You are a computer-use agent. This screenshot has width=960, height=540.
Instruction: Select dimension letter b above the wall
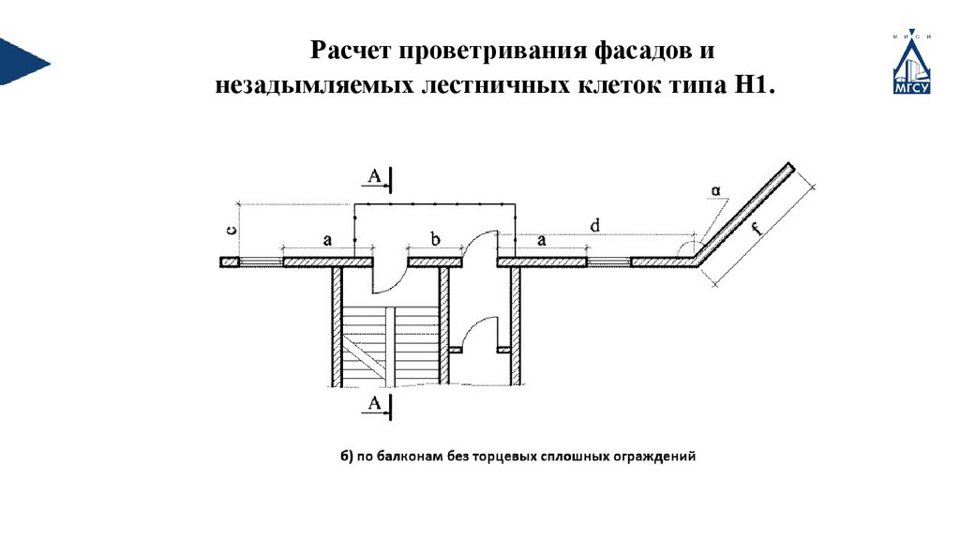(x=435, y=240)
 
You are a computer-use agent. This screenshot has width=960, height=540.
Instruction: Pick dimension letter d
(x=594, y=225)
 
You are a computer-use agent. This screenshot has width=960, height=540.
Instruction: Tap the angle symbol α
(x=715, y=191)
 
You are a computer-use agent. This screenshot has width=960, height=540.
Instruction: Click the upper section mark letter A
(x=375, y=176)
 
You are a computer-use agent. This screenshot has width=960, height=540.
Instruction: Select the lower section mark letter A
(x=375, y=403)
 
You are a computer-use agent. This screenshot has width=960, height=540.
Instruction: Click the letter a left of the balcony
(x=327, y=240)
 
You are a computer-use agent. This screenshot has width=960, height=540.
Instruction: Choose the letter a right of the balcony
(x=541, y=241)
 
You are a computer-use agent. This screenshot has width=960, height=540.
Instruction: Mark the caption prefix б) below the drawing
(x=346, y=458)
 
